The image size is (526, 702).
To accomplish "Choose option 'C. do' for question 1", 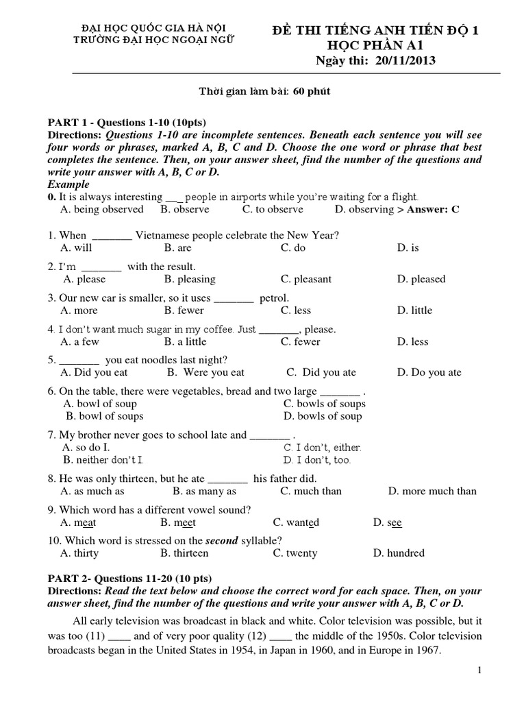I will [x=292, y=248].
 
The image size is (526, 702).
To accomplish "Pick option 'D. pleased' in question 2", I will [x=421, y=279].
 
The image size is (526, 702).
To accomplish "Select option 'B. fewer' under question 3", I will [x=184, y=310].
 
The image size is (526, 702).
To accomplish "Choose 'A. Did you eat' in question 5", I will [x=94, y=372].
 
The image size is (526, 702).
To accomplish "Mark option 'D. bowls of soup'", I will [x=322, y=416].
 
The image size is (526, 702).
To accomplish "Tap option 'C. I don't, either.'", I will [x=321, y=447].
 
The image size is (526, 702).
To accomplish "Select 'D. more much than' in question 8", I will [x=431, y=491].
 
